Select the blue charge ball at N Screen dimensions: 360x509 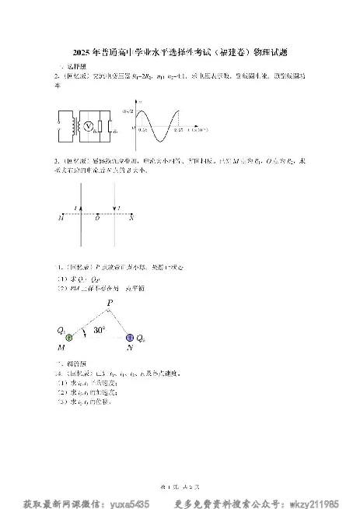(x=129, y=338)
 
